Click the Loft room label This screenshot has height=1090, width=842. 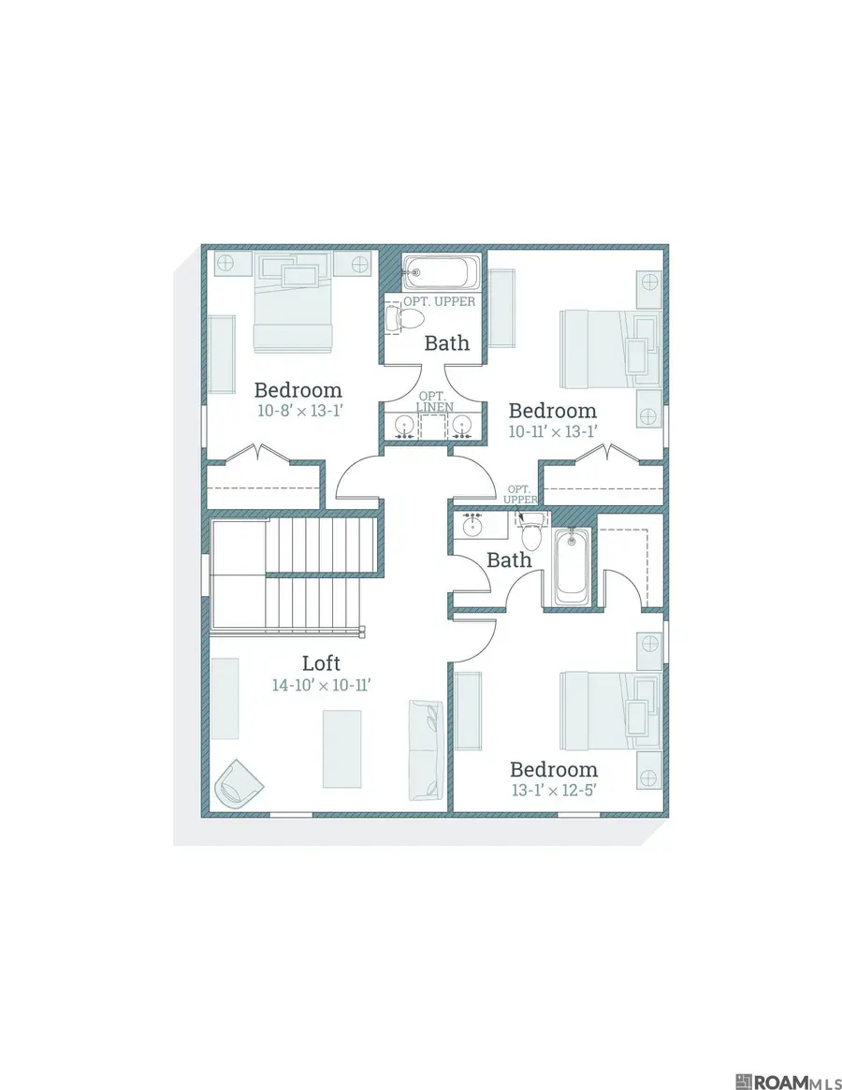321,662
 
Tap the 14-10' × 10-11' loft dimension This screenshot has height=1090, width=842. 321,685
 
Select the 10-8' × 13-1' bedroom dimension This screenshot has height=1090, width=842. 300,411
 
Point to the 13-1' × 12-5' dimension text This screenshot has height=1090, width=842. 554,790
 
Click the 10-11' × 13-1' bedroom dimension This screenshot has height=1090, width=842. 553,431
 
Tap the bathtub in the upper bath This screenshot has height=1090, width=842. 442,272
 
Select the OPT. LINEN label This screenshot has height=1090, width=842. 435,401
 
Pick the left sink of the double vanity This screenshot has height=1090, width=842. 404,424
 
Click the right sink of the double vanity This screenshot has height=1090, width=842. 461,424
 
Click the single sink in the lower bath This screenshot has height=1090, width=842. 472,526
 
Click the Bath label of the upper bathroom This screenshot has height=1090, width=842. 447,342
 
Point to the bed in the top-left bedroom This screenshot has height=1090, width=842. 293,302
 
